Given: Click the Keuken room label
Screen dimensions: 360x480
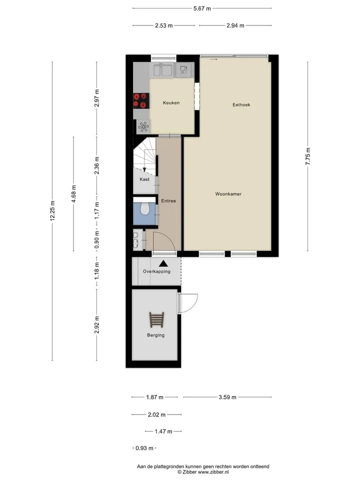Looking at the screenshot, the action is [x=171, y=103].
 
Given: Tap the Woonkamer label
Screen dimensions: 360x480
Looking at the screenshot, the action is [x=228, y=194].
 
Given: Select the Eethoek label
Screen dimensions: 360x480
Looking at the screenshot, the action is [x=241, y=104].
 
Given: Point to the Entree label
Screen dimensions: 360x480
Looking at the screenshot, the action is [x=168, y=201].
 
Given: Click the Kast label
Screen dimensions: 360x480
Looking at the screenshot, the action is [x=144, y=179].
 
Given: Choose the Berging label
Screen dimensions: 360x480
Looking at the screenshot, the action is [x=155, y=335].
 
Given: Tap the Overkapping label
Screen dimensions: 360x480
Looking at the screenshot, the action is [x=156, y=271].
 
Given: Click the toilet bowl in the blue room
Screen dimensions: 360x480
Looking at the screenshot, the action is [x=144, y=209].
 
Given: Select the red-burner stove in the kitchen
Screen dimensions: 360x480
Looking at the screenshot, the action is [x=141, y=100].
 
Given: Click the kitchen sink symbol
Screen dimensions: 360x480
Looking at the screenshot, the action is [x=162, y=70].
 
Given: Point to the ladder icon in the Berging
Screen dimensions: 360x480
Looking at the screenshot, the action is [x=156, y=319].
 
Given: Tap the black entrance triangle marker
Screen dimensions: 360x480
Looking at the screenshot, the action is [x=163, y=263].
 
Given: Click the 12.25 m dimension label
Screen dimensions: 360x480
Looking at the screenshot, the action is [x=52, y=211].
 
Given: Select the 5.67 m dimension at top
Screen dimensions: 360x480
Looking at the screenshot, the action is [x=202, y=8].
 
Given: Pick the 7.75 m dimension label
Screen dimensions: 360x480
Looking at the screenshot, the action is [x=308, y=156].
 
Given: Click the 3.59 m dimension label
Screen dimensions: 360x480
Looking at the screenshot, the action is [x=227, y=397].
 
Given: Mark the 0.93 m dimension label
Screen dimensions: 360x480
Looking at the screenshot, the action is [x=144, y=448].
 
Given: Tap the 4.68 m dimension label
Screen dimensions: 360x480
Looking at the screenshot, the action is [x=74, y=194].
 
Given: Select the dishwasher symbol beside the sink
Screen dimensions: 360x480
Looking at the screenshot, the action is [x=183, y=70].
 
